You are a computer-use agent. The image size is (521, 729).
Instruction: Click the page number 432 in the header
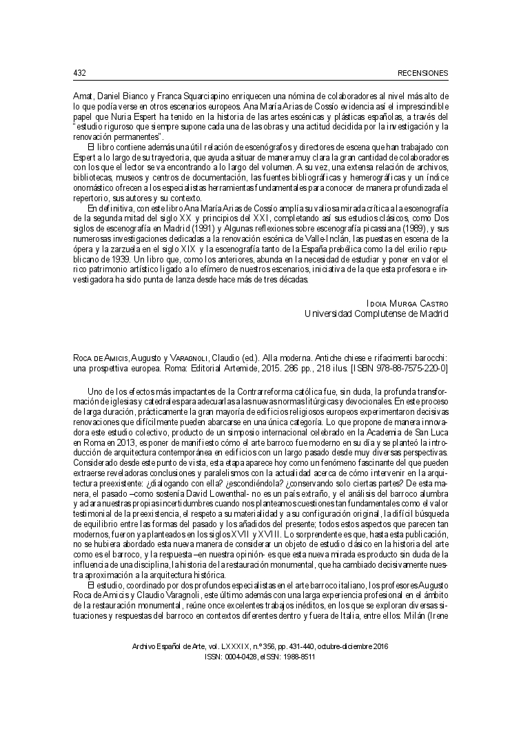pyautogui.click(x=78, y=72)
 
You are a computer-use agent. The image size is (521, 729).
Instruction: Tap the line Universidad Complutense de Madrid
pyautogui.click(x=376, y=314)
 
